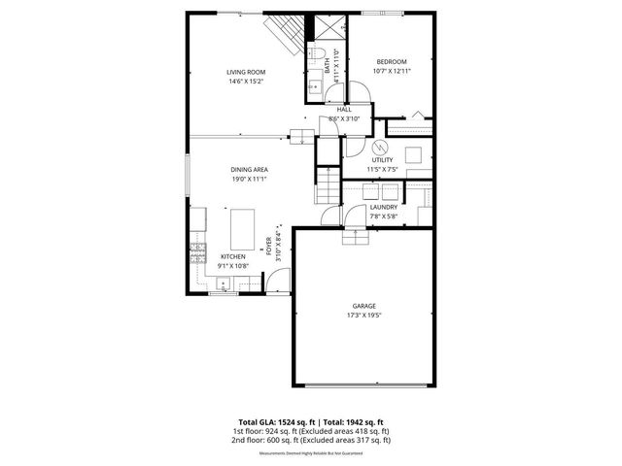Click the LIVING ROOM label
(x=246, y=72)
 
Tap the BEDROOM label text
(x=391, y=62)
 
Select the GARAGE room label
(x=363, y=306)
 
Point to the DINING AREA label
(x=250, y=170)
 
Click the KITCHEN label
(x=219, y=256)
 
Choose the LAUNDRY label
(x=383, y=207)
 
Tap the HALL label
(x=344, y=110)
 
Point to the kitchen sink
(x=224, y=284)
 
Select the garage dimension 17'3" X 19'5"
(x=363, y=316)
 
